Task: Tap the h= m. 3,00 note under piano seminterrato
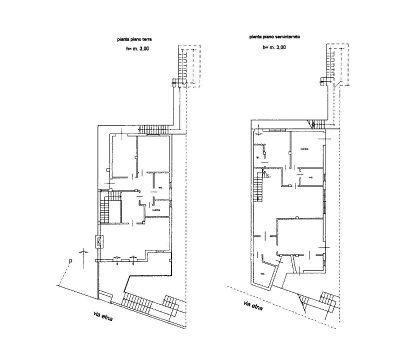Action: [x=274, y=47]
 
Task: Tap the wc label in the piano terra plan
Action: [x=160, y=187]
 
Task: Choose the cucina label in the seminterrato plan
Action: [x=304, y=149]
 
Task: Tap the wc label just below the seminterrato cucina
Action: [x=310, y=177]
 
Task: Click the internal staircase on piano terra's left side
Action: [x=105, y=210]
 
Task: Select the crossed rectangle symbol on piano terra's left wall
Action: [x=99, y=242]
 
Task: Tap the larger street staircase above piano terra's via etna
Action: [x=136, y=302]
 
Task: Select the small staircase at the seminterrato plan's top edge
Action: [x=316, y=123]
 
